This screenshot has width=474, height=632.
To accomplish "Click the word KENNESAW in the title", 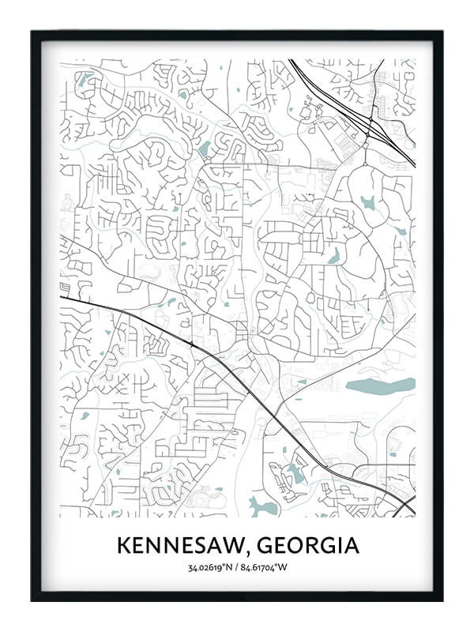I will (175, 546).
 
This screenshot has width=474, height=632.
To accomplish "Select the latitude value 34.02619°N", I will (209, 567).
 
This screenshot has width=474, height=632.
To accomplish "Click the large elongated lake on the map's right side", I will (379, 386).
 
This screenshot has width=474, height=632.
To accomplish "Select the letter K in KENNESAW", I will (123, 546).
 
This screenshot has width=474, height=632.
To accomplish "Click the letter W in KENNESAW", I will (224, 546).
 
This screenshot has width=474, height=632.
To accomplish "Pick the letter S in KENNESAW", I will (190, 546).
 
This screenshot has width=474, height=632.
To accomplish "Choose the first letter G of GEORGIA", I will (253, 546).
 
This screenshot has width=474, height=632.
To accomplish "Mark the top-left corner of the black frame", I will (33, 33).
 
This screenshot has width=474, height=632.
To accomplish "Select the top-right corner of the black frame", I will (441, 33).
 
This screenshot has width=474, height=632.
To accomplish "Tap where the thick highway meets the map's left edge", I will (62, 297).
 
